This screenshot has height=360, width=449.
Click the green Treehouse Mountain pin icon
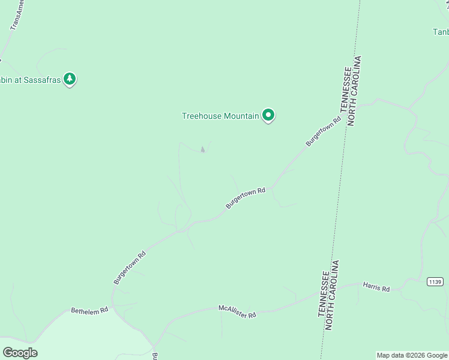click(268, 115)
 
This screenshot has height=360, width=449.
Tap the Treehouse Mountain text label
click(220, 116)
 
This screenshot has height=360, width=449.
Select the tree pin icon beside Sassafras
click(70, 79)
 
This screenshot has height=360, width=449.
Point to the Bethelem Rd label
click(89, 310)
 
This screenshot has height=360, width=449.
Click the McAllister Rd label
click(237, 311)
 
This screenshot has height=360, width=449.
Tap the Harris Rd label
click(376, 287)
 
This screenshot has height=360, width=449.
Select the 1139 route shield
click(435, 281)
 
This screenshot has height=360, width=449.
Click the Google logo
click(20, 352)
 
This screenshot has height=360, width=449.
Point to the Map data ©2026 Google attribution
click(412, 355)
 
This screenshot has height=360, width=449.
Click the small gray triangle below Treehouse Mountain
click(202, 149)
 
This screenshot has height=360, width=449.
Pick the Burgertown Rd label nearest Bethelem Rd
click(130, 268)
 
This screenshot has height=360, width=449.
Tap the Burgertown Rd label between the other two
click(246, 198)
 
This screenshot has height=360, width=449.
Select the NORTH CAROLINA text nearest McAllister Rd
click(333, 295)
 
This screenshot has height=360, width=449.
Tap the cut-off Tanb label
click(441, 31)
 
